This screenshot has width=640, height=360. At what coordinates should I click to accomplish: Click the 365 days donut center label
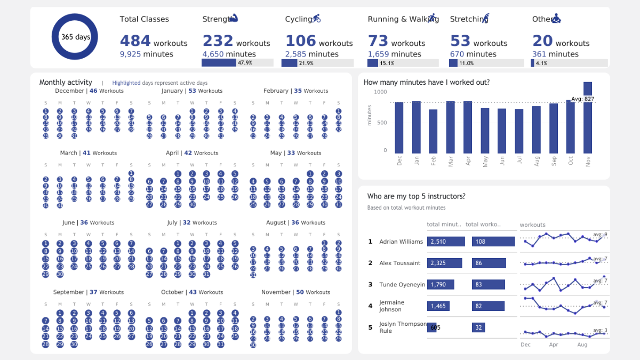pos(75,37)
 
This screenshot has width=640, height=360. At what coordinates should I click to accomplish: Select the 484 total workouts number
pos(135,41)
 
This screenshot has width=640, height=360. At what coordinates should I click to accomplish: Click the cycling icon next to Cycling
pos(316,19)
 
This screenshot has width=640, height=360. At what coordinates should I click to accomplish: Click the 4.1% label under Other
pos(541,63)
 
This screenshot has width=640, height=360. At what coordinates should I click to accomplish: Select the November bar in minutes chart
pos(588,117)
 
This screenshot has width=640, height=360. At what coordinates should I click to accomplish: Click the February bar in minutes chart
pos(433,131)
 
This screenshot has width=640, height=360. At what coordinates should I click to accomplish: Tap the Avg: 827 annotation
pos(582,99)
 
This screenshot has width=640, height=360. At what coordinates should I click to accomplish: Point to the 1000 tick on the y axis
pos(380,92)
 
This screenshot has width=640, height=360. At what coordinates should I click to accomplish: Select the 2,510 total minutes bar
pos(446,242)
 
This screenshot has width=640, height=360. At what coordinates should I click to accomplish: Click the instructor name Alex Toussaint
pos(399,263)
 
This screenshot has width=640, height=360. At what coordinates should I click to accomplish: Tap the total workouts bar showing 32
pos(478,327)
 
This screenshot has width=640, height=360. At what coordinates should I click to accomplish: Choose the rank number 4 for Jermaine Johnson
pos(370,306)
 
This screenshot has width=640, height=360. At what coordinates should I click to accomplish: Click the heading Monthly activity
pos(66,83)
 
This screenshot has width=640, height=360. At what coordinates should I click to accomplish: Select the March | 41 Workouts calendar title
pos(88,153)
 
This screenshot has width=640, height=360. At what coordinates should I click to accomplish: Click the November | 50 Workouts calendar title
pos(295,292)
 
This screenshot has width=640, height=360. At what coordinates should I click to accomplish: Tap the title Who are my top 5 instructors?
pos(416,196)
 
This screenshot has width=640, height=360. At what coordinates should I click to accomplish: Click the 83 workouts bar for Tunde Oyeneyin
pos(486,285)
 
